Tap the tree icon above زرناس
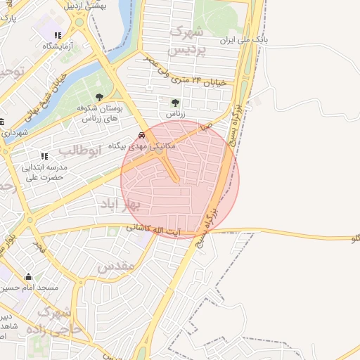tap(175, 102)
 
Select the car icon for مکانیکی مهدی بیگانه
tap(142, 136)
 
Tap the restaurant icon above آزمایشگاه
tap(58, 34)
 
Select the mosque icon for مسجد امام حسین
tap(28, 277)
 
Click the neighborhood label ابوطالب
tap(81, 149)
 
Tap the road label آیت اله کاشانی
tap(158, 229)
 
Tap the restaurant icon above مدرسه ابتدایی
tap(44, 156)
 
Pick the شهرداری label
tap(14, 132)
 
